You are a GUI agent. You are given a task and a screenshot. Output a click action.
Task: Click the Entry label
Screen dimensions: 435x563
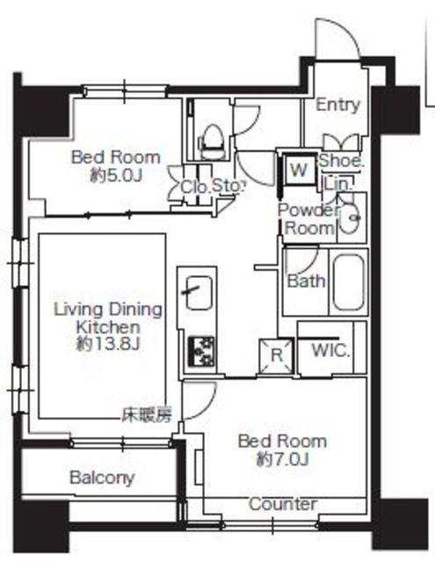337,105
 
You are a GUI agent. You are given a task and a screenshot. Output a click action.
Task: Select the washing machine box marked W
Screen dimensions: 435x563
299,169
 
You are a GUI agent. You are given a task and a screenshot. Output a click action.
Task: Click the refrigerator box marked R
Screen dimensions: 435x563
277,355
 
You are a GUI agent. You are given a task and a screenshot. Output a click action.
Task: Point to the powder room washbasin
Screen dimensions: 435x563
349,218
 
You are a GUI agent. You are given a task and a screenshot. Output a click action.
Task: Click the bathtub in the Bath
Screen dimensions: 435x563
349,281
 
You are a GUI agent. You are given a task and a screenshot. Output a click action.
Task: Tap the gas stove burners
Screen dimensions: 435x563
201,351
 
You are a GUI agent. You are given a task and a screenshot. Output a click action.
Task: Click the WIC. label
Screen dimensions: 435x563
330,350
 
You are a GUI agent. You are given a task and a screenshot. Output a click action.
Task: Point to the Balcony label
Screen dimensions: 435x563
102,478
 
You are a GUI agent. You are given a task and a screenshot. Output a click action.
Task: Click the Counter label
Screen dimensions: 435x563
283,504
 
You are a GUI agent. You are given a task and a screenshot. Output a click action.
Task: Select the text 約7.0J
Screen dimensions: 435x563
283,459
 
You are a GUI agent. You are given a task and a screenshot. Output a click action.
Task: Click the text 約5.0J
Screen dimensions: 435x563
116,176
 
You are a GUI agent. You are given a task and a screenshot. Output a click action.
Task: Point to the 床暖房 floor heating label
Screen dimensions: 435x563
147,415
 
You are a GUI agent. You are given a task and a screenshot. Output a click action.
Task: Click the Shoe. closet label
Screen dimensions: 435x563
341,160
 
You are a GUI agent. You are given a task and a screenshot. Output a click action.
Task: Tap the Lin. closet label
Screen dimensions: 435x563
337,185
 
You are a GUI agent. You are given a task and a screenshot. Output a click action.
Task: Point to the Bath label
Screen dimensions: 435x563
306,281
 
